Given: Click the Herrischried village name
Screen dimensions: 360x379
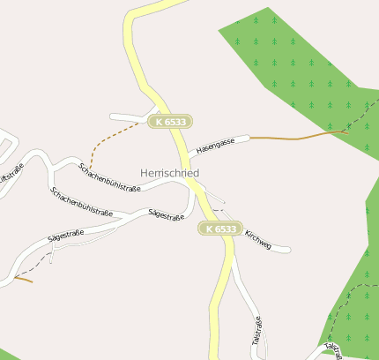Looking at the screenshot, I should pos(169,173).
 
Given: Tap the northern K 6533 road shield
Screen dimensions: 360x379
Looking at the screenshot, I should pos(170,121).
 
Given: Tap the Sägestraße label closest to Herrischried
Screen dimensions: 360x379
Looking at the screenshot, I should pos(166,214).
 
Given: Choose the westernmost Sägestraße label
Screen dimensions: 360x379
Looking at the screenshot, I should pos(65,236).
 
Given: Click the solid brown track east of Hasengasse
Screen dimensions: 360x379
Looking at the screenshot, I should pos(300,138).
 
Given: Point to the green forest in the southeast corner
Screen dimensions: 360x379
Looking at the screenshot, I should pos(357,300).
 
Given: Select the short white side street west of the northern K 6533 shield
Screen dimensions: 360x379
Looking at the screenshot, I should pos(129,116).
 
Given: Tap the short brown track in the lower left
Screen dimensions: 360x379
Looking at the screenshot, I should pos(23,279).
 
